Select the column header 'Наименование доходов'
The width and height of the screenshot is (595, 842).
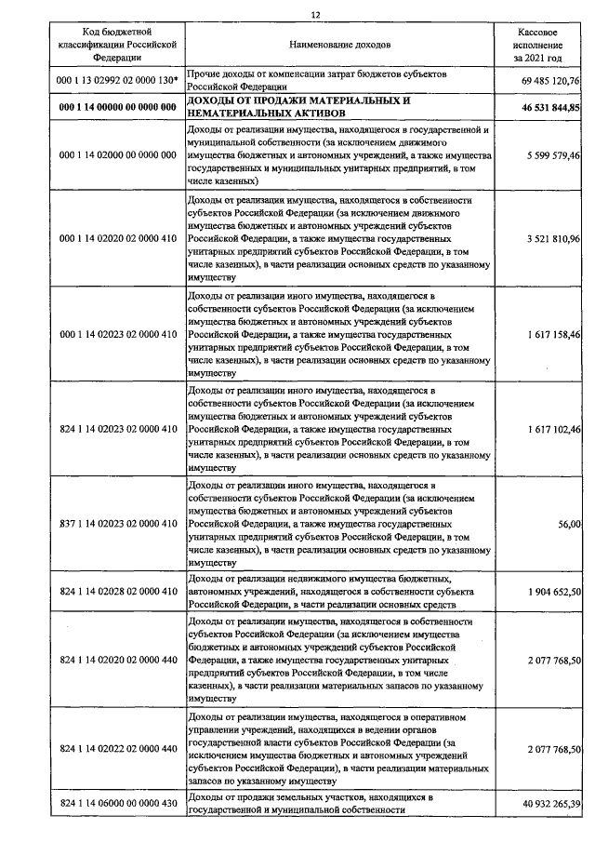point(341,44)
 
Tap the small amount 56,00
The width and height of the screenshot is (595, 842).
point(569,525)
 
